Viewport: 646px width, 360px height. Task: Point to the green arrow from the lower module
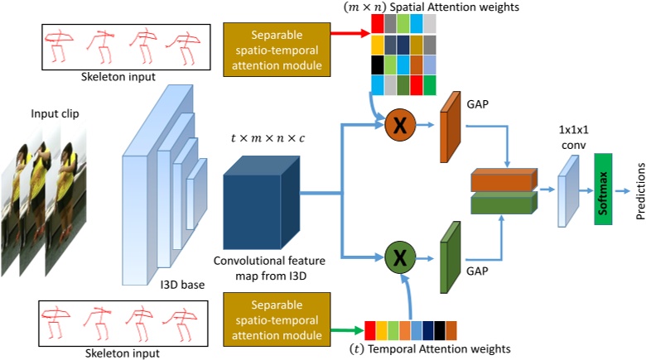point(348,331)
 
